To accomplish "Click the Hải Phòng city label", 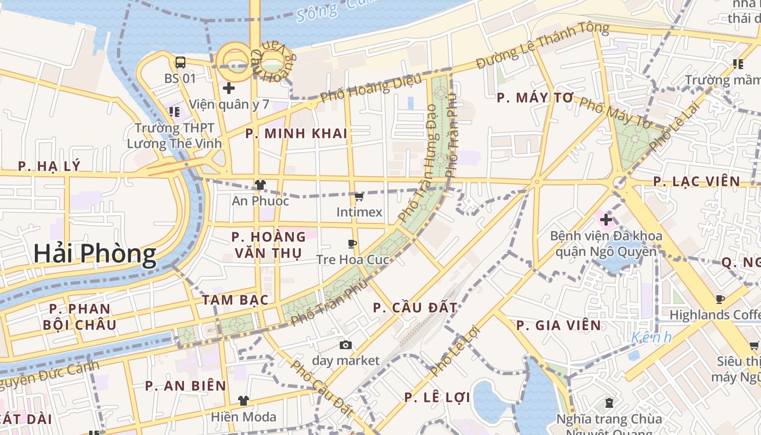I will pos(95,254).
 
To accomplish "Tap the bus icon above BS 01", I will pos(180,63).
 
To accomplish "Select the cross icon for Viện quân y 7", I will pos(229,88).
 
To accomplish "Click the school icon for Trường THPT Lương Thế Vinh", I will pos(174,112).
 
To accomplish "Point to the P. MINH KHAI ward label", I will pos(296,134).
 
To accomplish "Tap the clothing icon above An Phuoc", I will pos(260,185).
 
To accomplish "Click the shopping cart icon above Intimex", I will pos(359,196).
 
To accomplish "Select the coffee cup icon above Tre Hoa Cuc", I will pos(353,244).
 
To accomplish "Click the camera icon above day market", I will pos(345,345).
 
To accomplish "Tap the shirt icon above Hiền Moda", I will pos(244,401).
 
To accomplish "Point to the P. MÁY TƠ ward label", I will pos(535,98).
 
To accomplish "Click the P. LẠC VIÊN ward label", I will pos(697,182).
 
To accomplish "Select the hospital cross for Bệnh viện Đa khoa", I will pos(606,220).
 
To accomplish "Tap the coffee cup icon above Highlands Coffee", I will pos(720,299).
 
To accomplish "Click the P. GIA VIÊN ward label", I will pos(559,326).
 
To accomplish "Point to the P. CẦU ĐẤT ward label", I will pos(415,308).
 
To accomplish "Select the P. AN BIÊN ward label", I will pos(185,386).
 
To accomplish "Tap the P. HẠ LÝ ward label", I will pos(49,166).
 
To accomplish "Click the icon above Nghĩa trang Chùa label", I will pos(609,403).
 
